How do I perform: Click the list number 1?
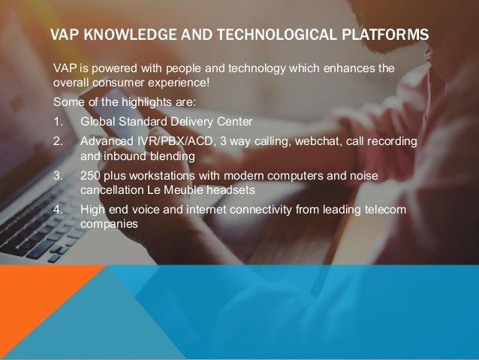tap(56, 121)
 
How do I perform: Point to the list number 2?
tap(56, 141)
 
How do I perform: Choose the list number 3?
tap(56, 175)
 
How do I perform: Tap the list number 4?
tap(56, 209)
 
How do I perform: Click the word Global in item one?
tap(97, 121)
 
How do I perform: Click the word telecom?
tap(386, 209)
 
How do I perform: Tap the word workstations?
tap(152, 175)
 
